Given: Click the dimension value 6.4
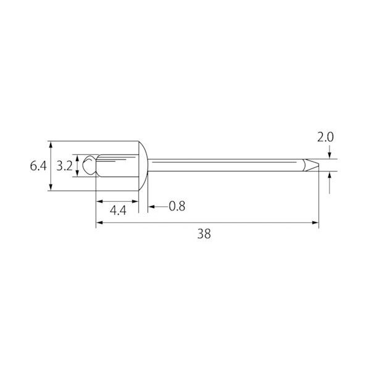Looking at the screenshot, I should pyautogui.click(x=38, y=166).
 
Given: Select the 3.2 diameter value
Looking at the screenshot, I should pyautogui.click(x=64, y=166).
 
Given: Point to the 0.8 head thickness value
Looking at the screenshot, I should pyautogui.click(x=176, y=205).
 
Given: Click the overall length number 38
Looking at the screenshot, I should pyautogui.click(x=203, y=234).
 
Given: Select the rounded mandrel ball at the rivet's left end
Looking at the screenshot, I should pyautogui.click(x=90, y=165).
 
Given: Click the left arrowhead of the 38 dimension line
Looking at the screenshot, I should pyautogui.click(x=99, y=223).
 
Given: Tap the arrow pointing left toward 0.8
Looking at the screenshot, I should pyautogui.click(x=152, y=205).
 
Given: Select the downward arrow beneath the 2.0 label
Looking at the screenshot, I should pyautogui.click(x=331, y=155).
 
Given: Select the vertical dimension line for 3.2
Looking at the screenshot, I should pyautogui.click(x=77, y=166).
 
